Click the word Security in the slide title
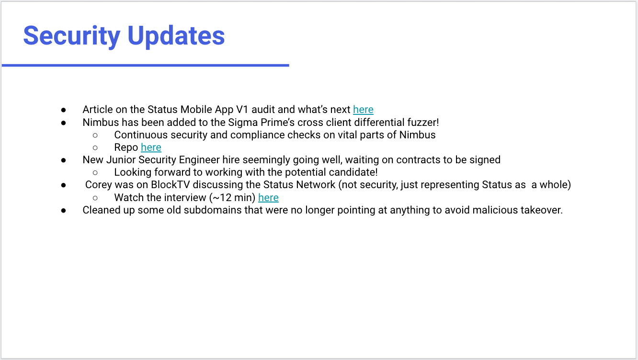click(x=72, y=36)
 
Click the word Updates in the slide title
click(x=176, y=36)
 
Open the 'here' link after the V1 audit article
click(x=363, y=110)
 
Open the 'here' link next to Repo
click(x=151, y=147)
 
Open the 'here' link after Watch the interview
click(x=268, y=198)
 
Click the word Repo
click(x=126, y=148)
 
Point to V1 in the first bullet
click(x=242, y=110)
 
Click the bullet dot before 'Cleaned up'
click(x=64, y=211)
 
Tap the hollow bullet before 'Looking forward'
click(x=95, y=173)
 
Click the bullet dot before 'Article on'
click(x=64, y=110)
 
